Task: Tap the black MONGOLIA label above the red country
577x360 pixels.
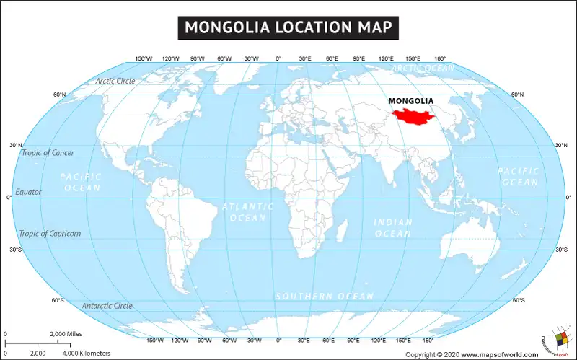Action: click(411, 100)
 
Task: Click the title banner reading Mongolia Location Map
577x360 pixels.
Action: click(288, 27)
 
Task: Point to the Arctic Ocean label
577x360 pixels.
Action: click(423, 69)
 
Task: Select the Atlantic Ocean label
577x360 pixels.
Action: click(248, 212)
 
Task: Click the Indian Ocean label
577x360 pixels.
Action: click(393, 228)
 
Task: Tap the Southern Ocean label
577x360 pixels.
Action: click(325, 297)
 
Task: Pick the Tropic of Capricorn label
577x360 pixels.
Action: click(50, 234)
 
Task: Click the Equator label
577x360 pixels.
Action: click(29, 192)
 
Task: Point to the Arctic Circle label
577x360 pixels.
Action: click(115, 81)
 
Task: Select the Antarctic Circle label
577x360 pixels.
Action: click(107, 306)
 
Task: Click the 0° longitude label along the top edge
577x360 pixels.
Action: click(278, 58)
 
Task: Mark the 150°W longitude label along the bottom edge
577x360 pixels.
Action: click(154, 340)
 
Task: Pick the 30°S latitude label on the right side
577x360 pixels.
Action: click(561, 250)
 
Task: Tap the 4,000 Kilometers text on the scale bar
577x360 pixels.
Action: click(86, 353)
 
